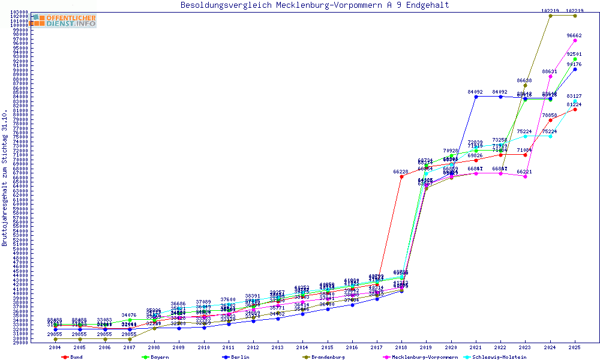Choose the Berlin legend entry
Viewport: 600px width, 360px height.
238,357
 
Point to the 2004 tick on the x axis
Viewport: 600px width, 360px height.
55,347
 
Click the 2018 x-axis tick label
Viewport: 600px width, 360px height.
401,347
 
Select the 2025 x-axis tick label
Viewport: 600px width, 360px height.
575,347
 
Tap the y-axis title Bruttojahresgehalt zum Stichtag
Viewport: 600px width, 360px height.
5,178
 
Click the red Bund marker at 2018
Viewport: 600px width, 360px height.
401,176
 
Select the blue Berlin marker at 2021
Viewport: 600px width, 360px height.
476,97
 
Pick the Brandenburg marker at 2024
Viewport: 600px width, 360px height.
550,16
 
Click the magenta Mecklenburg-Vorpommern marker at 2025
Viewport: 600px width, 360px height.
575,40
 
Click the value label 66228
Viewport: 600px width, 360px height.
401,172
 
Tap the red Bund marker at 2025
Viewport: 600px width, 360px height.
575,109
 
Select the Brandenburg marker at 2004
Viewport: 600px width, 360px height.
55,339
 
